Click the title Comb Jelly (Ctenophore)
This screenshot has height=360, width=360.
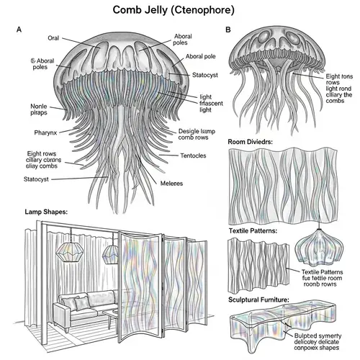pyautogui.click(x=179, y=10)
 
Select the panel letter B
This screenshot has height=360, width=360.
pyautogui.click(x=228, y=30)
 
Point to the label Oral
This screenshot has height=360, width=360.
pyautogui.click(x=53, y=37)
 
